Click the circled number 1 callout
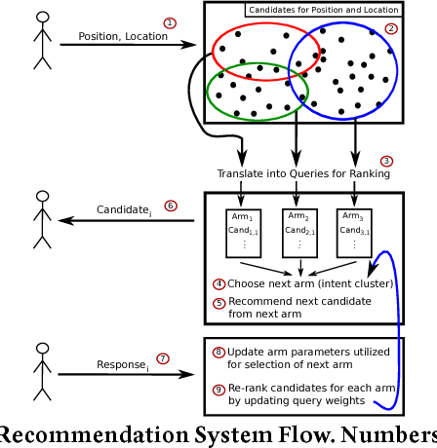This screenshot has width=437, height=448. click(x=170, y=22)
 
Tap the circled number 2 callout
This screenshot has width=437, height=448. click(x=391, y=29)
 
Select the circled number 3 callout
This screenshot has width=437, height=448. click(x=386, y=161)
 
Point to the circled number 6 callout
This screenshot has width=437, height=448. click(x=170, y=205)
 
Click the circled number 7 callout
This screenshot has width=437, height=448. click(x=163, y=358)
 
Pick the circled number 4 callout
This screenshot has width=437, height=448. click(x=219, y=283)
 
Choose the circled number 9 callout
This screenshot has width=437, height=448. click(x=219, y=391)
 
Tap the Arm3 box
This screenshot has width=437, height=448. click(x=354, y=230)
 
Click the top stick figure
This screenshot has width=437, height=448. click(x=41, y=41)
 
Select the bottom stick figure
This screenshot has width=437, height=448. click(x=41, y=369)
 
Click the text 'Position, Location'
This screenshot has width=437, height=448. click(x=114, y=37)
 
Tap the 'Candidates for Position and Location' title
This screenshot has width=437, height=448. click(x=323, y=11)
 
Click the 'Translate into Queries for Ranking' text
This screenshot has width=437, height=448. click(x=303, y=174)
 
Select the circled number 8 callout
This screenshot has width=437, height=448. click(x=219, y=352)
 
